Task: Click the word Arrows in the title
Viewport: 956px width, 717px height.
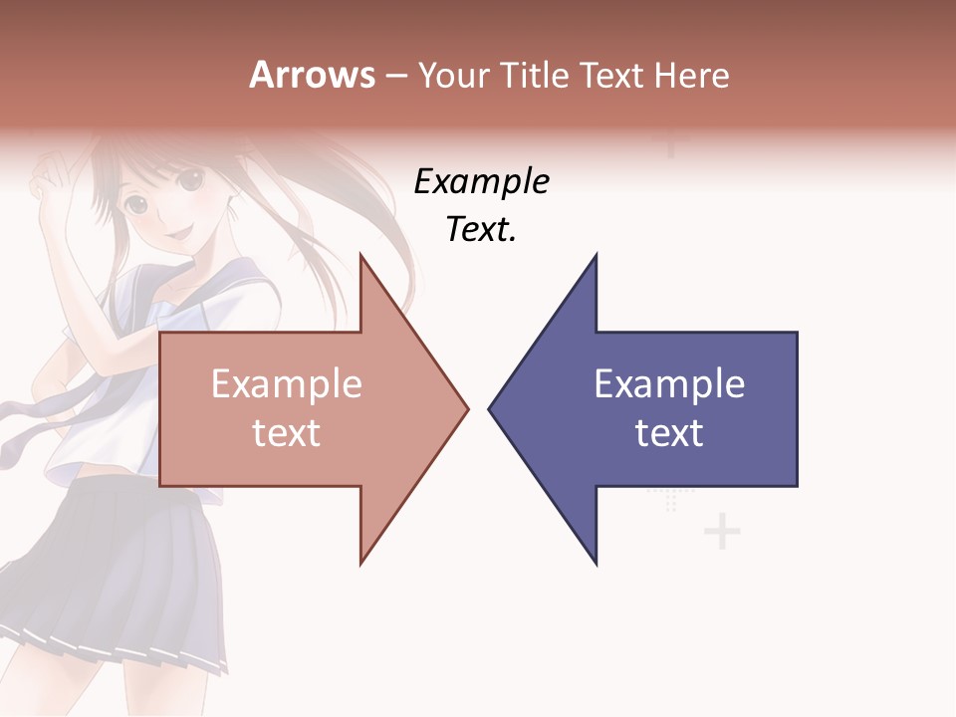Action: pos(312,75)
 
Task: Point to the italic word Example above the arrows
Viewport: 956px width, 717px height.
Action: pos(481,182)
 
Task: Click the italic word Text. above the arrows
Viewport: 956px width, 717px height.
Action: pos(481,230)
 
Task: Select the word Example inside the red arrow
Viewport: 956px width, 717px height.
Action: pos(286,383)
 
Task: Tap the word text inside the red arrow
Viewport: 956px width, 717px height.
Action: pos(286,432)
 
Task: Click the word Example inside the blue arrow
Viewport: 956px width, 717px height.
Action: pos(669,383)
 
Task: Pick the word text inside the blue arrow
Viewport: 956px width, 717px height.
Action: pos(669,432)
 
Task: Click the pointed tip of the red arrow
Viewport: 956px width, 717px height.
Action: pos(467,408)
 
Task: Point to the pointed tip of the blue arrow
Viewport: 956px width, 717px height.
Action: pos(490,408)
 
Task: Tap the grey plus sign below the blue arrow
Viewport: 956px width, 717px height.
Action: pos(722,533)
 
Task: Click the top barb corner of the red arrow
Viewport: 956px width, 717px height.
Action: pos(360,255)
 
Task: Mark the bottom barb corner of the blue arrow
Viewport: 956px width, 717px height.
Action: pos(596,565)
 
